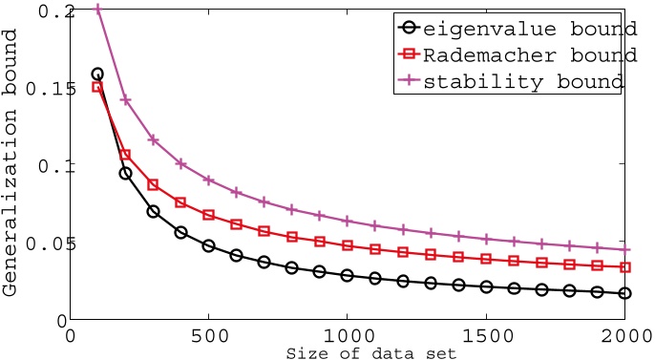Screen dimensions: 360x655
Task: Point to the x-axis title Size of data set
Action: pyautogui.click(x=349, y=352)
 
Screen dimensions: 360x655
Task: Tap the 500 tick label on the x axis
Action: pyautogui.click(x=209, y=336)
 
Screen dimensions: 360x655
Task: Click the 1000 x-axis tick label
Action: pyautogui.click(x=348, y=336)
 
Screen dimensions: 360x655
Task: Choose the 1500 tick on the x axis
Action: pyautogui.click(x=487, y=336)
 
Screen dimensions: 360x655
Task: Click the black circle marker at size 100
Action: pyautogui.click(x=97, y=74)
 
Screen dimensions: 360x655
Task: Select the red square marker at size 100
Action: pyautogui.click(x=97, y=87)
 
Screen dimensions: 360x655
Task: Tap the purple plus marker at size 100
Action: pyautogui.click(x=97, y=10)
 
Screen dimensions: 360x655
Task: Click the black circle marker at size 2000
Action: pyautogui.click(x=625, y=293)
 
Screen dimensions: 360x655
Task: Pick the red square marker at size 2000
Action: pyautogui.click(x=625, y=266)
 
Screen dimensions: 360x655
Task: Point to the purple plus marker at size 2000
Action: pyautogui.click(x=625, y=249)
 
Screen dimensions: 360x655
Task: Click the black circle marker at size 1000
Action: pyautogui.click(x=348, y=275)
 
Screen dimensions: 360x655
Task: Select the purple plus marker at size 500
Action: pyautogui.click(x=209, y=180)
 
